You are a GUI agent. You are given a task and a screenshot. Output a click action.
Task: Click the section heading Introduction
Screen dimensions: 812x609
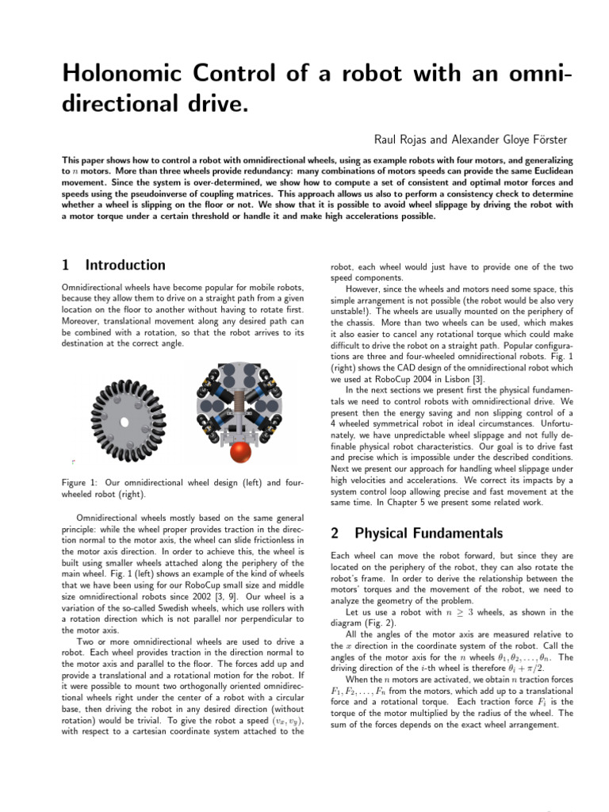tap(125, 265)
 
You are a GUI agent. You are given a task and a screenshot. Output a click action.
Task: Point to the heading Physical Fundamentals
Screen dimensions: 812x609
tap(429, 533)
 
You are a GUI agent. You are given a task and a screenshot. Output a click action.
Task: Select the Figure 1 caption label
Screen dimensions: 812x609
tap(82, 483)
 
